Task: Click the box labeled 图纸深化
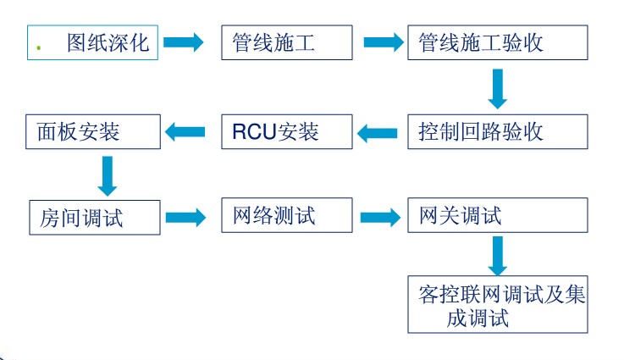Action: coord(93,42)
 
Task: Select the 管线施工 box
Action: coord(287,42)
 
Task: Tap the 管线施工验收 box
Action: coord(497,42)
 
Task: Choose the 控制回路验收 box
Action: coord(497,131)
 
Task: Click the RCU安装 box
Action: coord(287,131)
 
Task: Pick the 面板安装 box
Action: coord(93,131)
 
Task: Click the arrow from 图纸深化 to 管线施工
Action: coord(185,42)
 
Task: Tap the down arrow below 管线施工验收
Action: coord(498,87)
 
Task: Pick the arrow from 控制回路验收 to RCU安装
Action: coord(378,132)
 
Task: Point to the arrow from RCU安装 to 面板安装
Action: coord(185,131)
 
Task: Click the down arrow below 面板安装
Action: coord(108,174)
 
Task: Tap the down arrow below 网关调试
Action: coord(498,253)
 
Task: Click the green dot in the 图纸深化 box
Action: coord(39,47)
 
